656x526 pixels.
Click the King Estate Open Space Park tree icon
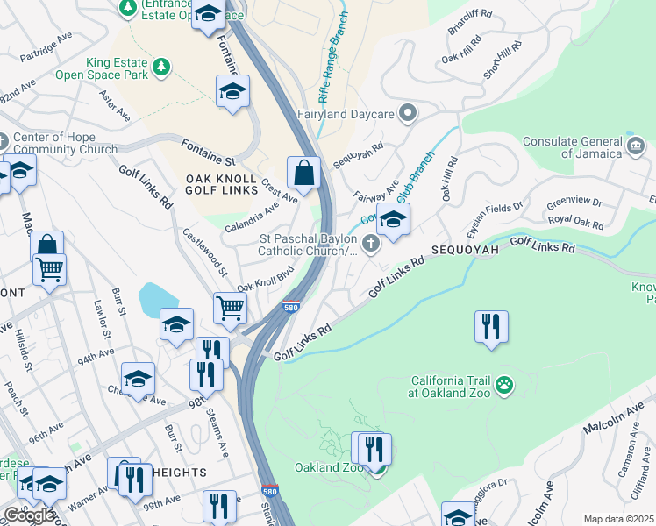160,67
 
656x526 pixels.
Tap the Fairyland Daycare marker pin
407,113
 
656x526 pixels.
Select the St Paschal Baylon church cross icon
371,244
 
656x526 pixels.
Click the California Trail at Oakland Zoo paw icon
503,384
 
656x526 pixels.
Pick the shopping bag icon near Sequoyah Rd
303,173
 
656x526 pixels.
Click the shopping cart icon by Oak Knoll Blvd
229,307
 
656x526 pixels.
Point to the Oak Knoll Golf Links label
220,186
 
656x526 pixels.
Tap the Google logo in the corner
29,515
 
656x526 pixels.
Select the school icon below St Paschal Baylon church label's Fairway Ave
393,222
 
